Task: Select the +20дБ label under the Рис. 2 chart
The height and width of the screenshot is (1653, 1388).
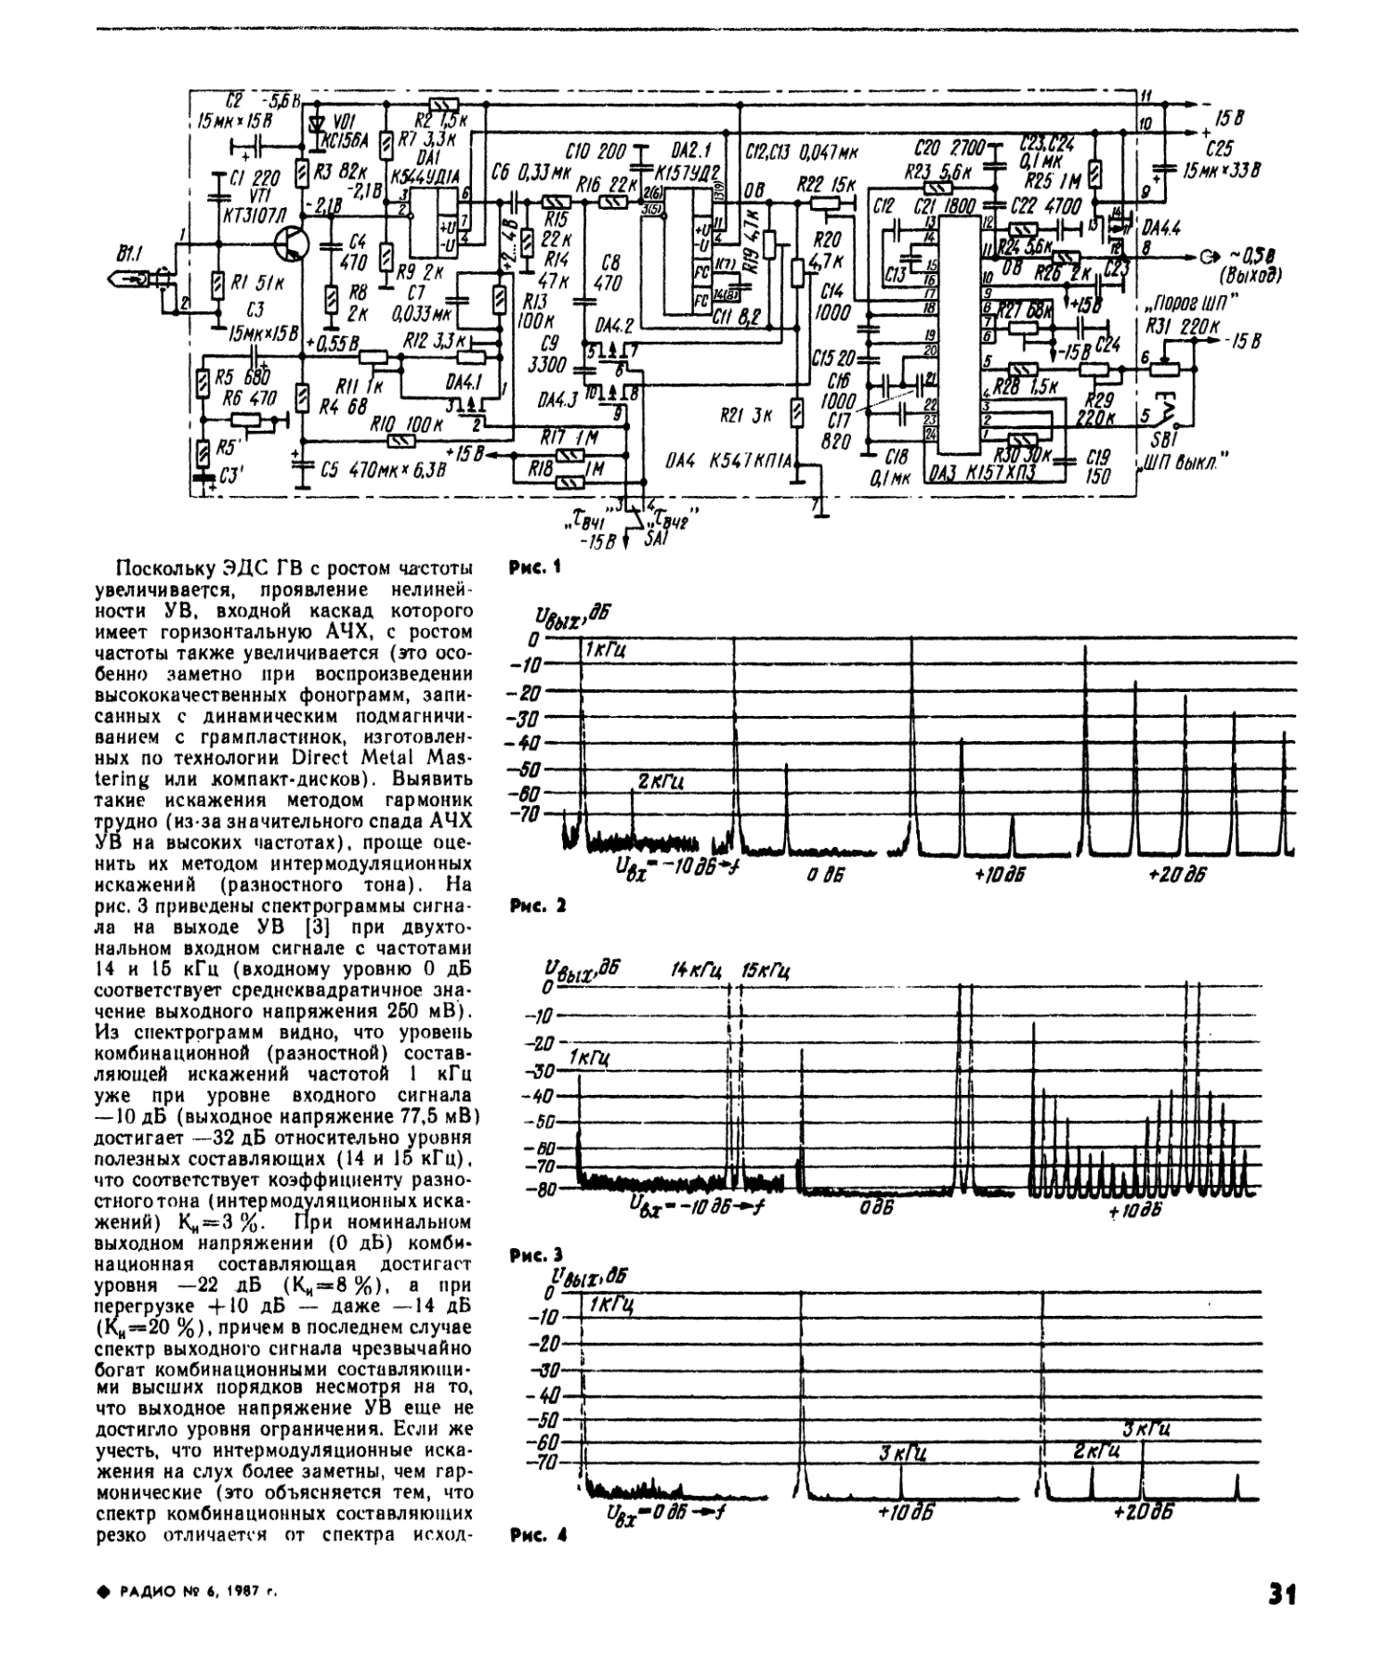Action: (1176, 875)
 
